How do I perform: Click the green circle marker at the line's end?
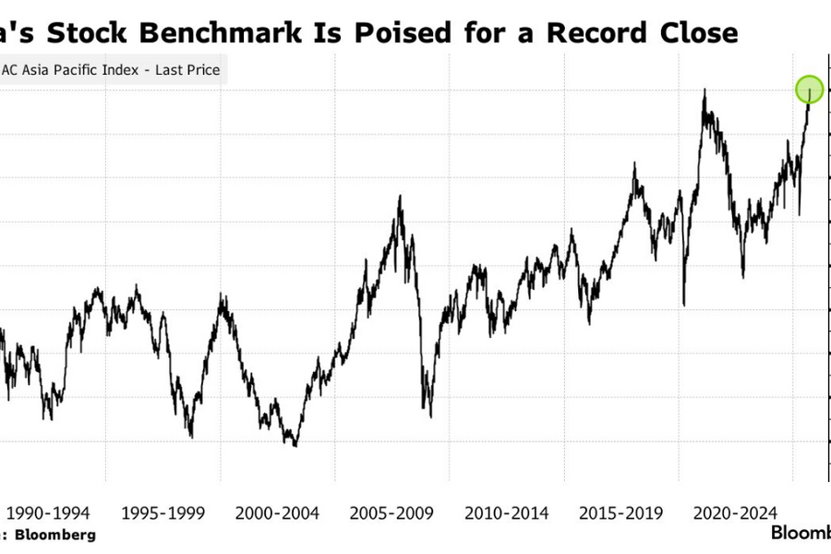tap(809, 90)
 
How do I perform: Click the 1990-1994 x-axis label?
tap(48, 512)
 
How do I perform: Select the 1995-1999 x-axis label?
tap(163, 512)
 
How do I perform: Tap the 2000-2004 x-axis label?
tap(278, 512)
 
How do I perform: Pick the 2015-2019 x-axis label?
tap(622, 512)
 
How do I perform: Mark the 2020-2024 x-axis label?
tap(737, 512)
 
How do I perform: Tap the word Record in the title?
tap(597, 33)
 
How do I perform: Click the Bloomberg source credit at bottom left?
tap(53, 535)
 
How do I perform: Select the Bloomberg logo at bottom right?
tap(801, 534)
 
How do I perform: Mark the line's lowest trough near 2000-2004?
tap(295, 446)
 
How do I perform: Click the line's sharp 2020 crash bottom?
tap(684, 305)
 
